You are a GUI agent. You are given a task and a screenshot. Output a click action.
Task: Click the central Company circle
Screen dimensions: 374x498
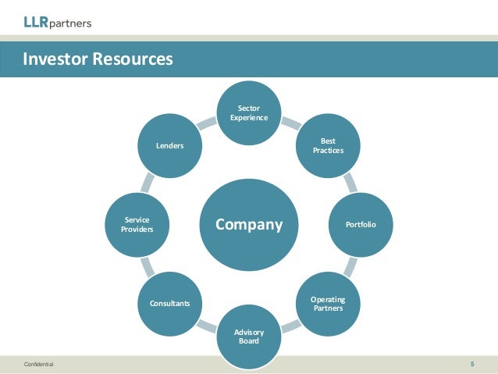(x=249, y=224)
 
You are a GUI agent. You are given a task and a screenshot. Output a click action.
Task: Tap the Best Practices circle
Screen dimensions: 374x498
(x=328, y=144)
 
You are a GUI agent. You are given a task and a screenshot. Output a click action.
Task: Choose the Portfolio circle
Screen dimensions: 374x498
(x=361, y=224)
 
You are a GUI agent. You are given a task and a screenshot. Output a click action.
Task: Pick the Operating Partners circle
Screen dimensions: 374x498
(x=328, y=303)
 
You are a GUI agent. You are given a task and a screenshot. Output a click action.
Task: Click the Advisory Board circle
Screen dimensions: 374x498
(x=249, y=336)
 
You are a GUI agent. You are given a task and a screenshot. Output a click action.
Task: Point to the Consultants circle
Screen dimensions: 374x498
(x=170, y=303)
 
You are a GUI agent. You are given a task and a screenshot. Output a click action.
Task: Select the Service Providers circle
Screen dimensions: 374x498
(x=137, y=224)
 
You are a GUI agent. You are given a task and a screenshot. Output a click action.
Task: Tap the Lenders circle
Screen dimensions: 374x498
(x=170, y=145)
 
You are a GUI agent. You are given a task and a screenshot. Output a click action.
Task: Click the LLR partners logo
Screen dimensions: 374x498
(x=57, y=23)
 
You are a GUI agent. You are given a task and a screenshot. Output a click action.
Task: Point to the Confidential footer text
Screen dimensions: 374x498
(x=39, y=365)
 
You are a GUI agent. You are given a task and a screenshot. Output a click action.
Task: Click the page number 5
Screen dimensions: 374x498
(x=472, y=364)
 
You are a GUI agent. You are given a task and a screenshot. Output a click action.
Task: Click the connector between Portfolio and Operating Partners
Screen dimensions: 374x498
(x=349, y=266)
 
